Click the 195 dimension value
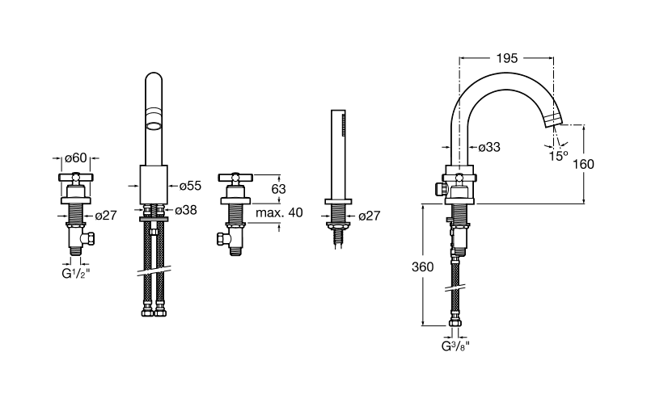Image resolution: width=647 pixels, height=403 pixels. pyautogui.click(x=506, y=58)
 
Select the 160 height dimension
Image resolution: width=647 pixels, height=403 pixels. pyautogui.click(x=583, y=164)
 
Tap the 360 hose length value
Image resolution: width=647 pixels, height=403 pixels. pyautogui.click(x=422, y=267)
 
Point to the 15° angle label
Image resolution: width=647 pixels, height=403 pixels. pyautogui.click(x=558, y=156)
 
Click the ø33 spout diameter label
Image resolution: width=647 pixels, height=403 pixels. pyautogui.click(x=489, y=147)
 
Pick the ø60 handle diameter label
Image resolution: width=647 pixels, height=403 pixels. pyautogui.click(x=76, y=157)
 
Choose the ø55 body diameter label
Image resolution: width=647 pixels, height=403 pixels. pyautogui.click(x=190, y=186)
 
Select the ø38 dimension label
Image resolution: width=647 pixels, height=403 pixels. pyautogui.click(x=186, y=210)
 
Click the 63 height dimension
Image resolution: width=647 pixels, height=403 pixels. pyautogui.click(x=278, y=189)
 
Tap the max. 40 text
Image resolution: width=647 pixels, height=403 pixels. pyautogui.click(x=279, y=212)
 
